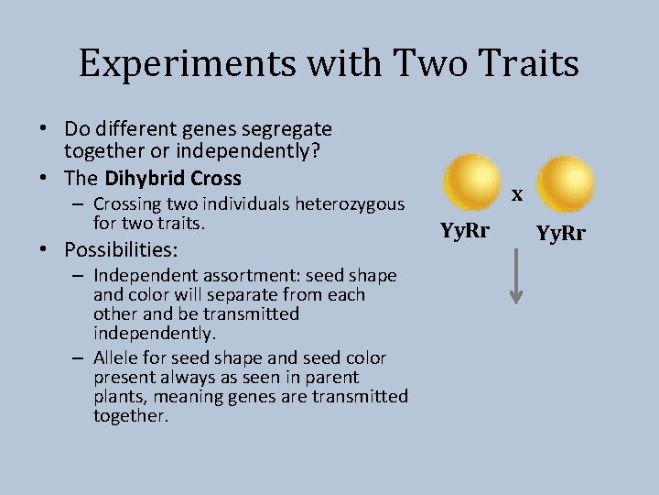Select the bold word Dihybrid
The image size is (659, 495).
pyautogui.click(x=140, y=178)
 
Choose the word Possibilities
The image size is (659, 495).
pyautogui.click(x=121, y=249)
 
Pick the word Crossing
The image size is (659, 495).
pyautogui.click(x=126, y=203)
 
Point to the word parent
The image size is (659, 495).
pyautogui.click(x=330, y=377)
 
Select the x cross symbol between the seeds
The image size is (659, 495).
pyautogui.click(x=517, y=194)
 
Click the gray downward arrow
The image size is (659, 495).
pyautogui.click(x=516, y=276)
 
